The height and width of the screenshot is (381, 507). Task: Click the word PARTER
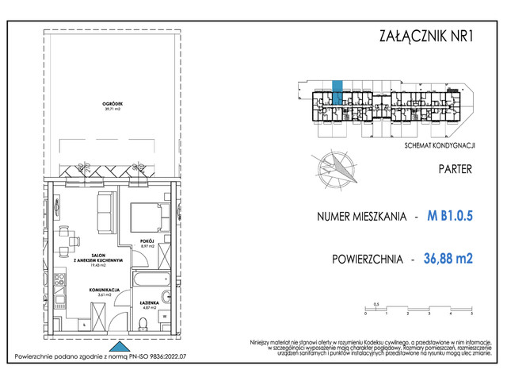pyautogui.click(x=455, y=169)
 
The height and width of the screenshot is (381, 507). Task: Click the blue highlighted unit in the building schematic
pyautogui.click(x=337, y=92)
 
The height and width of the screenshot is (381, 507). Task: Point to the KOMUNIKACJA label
pyautogui.click(x=104, y=291)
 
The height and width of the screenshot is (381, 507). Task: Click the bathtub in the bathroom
pyautogui.click(x=147, y=281)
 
